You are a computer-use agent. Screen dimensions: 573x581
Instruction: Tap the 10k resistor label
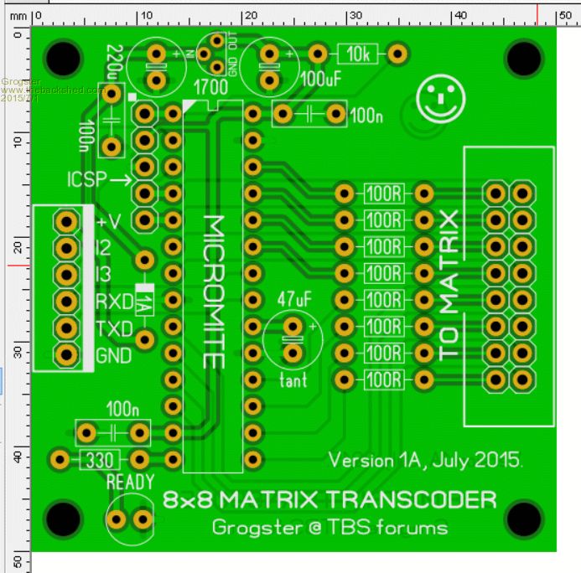(x=358, y=54)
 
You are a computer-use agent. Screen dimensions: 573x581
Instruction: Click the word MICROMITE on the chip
(x=215, y=292)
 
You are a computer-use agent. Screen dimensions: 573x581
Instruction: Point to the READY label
(x=130, y=482)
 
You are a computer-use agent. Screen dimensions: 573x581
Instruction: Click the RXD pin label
(x=113, y=302)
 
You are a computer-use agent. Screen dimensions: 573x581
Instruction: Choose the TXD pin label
(x=113, y=328)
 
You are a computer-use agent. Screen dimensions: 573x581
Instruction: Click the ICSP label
(x=85, y=179)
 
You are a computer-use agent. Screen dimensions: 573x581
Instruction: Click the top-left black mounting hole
(x=64, y=58)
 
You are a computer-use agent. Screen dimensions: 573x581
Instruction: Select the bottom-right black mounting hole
(x=523, y=518)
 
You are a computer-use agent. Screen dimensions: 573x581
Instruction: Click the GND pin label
(x=114, y=355)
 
